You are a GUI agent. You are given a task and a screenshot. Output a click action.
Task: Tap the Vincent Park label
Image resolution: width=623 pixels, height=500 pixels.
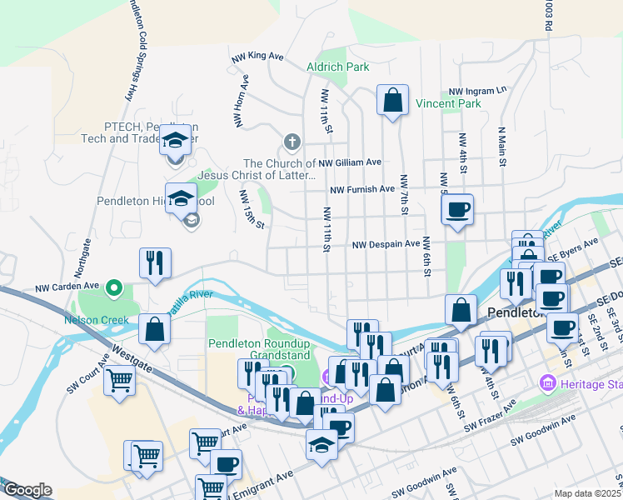[448, 104]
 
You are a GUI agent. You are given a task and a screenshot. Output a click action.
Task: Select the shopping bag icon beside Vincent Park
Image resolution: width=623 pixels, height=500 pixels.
[392, 101]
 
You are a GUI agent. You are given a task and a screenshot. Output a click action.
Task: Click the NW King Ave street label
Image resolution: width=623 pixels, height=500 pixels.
[259, 56]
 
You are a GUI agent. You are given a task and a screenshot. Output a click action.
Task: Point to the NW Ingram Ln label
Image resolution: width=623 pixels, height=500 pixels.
[477, 91]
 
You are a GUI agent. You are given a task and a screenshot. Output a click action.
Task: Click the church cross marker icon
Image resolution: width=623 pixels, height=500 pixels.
[291, 142]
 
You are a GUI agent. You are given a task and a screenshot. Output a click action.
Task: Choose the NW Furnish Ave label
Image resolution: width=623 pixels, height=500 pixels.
[362, 190]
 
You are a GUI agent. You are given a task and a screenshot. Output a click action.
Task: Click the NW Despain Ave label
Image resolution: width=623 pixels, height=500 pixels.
[386, 244]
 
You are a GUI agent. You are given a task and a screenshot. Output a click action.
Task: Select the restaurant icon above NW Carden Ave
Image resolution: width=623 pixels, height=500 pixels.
[155, 263]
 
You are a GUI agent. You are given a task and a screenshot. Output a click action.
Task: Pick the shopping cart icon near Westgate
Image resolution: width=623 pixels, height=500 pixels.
[121, 382]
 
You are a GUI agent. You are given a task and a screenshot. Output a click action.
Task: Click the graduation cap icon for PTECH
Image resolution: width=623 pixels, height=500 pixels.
[176, 139]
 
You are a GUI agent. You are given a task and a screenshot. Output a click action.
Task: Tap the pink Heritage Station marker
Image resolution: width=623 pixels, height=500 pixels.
[547, 382]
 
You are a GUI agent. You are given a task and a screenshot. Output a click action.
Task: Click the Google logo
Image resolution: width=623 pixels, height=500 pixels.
[27, 490]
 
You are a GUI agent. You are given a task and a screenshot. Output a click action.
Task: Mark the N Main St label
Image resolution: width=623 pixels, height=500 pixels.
[501, 147]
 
